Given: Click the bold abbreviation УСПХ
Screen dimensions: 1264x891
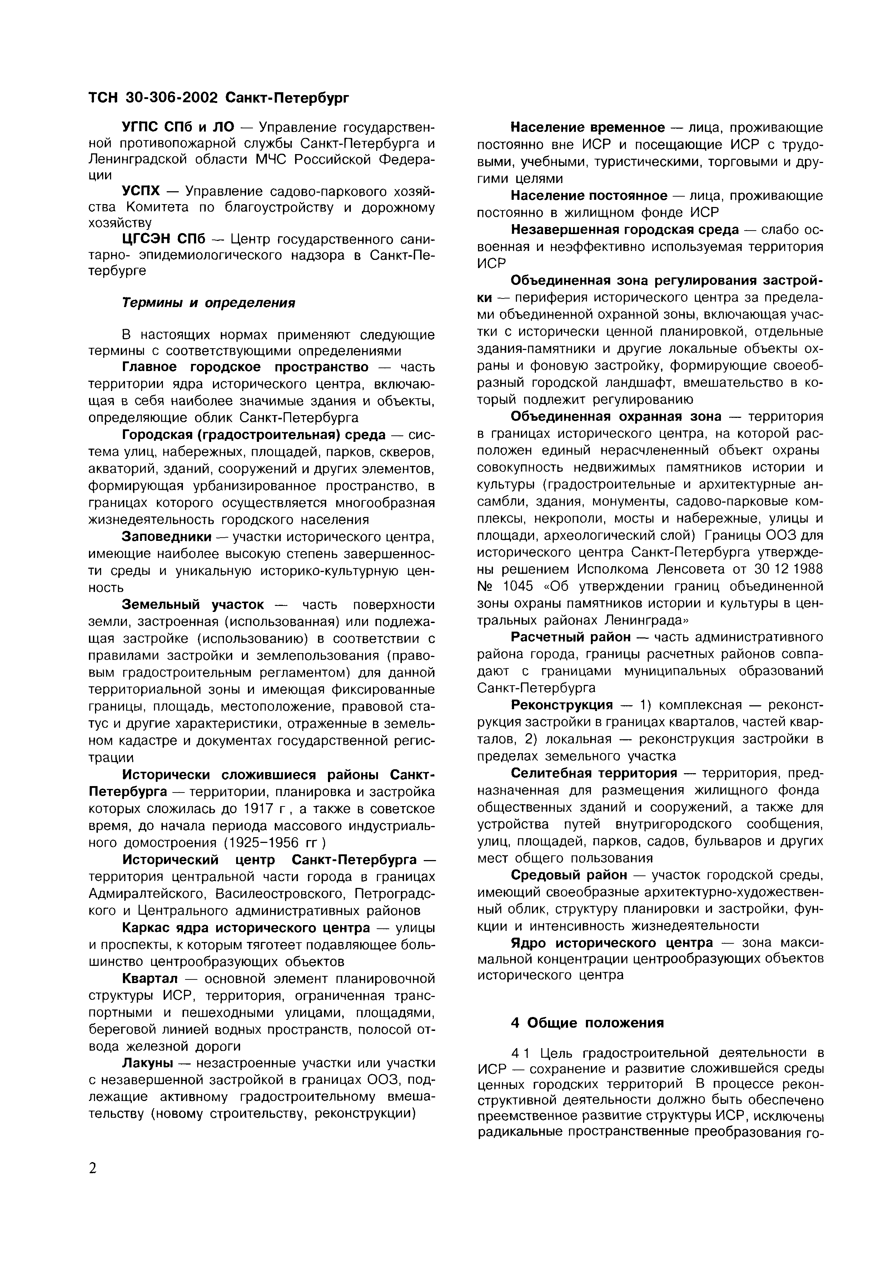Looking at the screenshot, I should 141,191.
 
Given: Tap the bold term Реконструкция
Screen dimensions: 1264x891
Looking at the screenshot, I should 561,705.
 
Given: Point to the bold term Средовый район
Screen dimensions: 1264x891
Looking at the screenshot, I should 568,875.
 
